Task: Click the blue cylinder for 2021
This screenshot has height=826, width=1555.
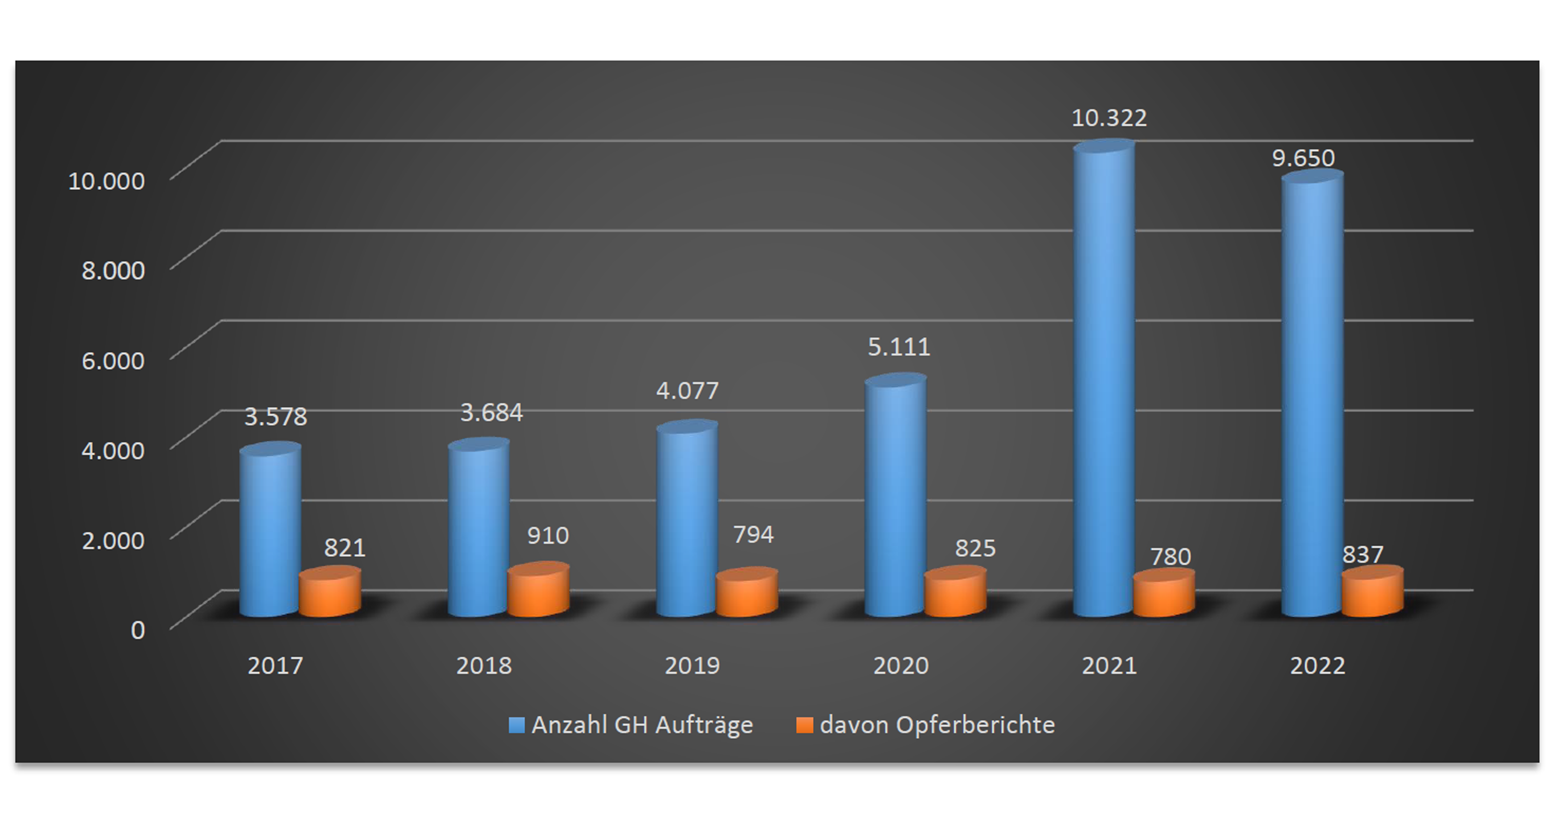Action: click(x=1104, y=381)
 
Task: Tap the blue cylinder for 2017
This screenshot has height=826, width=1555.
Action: click(x=270, y=531)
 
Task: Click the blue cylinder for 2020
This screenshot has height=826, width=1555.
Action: click(x=895, y=498)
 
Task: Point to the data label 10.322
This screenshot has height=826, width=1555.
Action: click(x=1109, y=118)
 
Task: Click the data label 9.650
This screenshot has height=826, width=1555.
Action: click(x=1303, y=158)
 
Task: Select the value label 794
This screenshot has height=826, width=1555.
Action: click(x=753, y=534)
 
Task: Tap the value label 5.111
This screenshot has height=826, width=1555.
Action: click(x=899, y=347)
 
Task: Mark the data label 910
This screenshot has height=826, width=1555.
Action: click(x=548, y=535)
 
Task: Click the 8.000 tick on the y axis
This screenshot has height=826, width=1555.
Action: click(x=113, y=270)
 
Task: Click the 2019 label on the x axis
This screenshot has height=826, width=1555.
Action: click(x=692, y=666)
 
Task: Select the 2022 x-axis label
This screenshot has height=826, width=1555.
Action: click(x=1317, y=666)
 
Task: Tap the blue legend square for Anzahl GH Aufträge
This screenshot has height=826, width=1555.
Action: click(x=516, y=725)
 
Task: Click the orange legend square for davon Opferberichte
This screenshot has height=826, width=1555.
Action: click(x=804, y=725)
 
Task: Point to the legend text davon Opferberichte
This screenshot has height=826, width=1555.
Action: click(x=937, y=725)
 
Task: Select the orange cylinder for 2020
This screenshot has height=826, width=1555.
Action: click(x=955, y=592)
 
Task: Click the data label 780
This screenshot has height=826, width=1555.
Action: click(x=1170, y=557)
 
